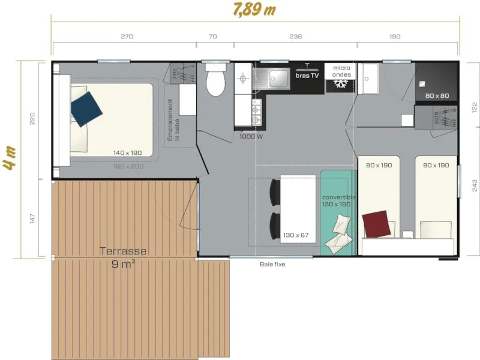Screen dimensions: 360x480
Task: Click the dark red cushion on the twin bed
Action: point(377,224)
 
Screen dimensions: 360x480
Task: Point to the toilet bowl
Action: point(215,83)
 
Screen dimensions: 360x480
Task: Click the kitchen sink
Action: point(278,77)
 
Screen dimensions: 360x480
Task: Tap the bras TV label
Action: point(307,76)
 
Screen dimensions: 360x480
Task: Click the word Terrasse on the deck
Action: point(123,251)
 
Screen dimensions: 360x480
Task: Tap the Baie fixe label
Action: point(272,264)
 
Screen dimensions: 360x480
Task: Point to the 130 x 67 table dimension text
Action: point(295,235)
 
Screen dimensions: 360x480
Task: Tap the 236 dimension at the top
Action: point(295,37)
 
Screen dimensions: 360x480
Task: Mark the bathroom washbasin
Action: point(367,78)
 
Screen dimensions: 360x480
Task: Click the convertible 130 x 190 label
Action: point(338,201)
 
